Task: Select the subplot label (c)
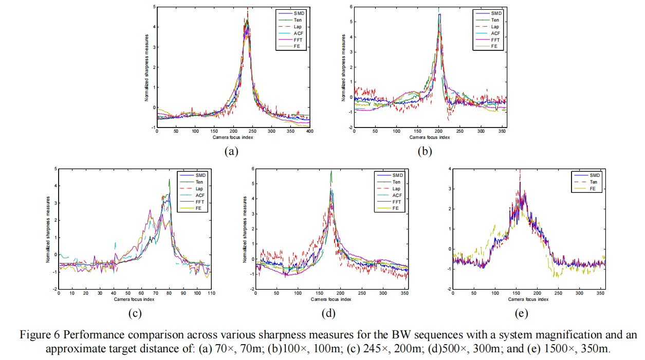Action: [134, 313]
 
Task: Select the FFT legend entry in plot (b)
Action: [494, 40]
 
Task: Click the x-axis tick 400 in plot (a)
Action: [310, 132]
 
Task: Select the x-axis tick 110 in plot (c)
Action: [211, 293]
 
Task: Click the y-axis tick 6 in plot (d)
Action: [252, 168]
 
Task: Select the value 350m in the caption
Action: [593, 348]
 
